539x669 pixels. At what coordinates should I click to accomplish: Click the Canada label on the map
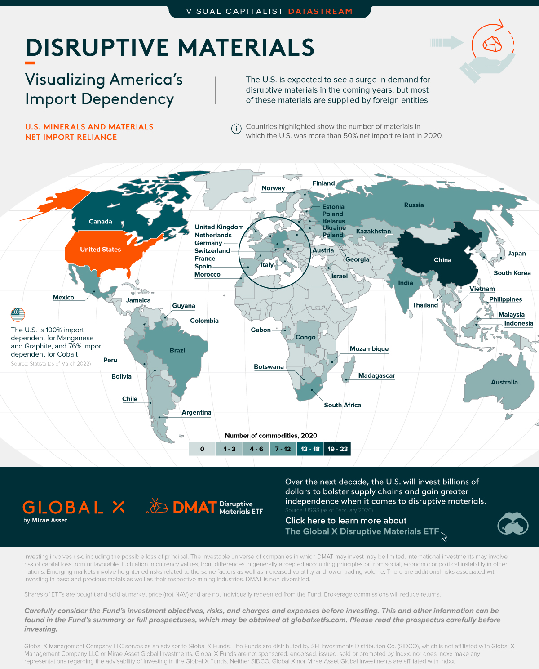click(x=100, y=222)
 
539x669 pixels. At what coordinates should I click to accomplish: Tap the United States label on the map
click(x=100, y=250)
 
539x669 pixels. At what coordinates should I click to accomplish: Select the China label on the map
click(x=442, y=260)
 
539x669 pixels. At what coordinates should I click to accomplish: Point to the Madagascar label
click(x=376, y=375)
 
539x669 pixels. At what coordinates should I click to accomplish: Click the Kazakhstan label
click(x=373, y=231)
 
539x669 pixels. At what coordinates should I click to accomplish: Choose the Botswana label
click(x=269, y=367)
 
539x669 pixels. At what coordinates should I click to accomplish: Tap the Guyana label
click(x=184, y=306)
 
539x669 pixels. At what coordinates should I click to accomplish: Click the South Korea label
click(x=512, y=273)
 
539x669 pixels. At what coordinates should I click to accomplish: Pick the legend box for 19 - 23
click(x=337, y=449)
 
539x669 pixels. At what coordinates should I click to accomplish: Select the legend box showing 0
click(x=202, y=449)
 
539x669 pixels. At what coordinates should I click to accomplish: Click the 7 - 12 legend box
click(x=283, y=449)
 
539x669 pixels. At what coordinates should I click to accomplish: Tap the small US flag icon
click(x=18, y=314)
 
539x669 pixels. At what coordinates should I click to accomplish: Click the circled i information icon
click(x=236, y=129)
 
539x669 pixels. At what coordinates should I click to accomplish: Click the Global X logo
click(x=74, y=508)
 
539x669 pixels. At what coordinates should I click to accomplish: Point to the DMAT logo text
click(x=194, y=508)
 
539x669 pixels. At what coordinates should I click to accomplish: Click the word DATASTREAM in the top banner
click(x=320, y=11)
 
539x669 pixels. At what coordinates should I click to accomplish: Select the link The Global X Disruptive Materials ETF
click(x=362, y=531)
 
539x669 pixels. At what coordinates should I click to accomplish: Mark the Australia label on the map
click(x=504, y=382)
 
